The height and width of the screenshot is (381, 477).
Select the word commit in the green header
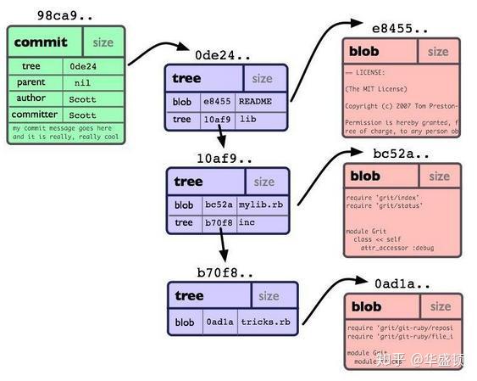(x=40, y=42)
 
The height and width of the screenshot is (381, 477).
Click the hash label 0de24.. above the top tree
(x=223, y=55)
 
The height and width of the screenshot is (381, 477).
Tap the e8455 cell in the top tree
(x=217, y=102)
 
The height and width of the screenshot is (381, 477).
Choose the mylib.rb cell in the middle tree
(x=260, y=205)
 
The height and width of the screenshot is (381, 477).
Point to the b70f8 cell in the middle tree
(x=218, y=222)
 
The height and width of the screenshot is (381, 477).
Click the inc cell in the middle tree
(x=247, y=222)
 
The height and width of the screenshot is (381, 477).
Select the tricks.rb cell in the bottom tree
(x=264, y=322)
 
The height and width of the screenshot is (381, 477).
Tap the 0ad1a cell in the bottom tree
(x=218, y=322)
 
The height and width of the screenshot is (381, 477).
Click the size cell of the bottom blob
(x=440, y=306)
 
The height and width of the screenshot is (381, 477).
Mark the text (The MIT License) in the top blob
(x=377, y=89)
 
